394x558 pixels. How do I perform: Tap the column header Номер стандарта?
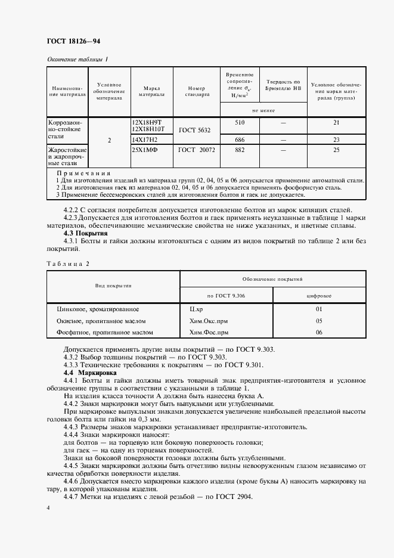point(196,91)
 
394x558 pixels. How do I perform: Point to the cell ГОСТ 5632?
point(196,129)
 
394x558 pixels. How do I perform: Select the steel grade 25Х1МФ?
point(144,150)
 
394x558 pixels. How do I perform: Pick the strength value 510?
point(240,123)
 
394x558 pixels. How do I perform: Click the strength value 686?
point(240,139)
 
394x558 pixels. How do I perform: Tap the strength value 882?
point(240,150)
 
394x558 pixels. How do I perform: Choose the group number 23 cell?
point(336,139)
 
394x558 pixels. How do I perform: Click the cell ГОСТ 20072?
point(196,150)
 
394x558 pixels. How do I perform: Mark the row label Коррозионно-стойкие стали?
point(67,129)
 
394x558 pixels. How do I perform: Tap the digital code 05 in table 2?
point(319,321)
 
